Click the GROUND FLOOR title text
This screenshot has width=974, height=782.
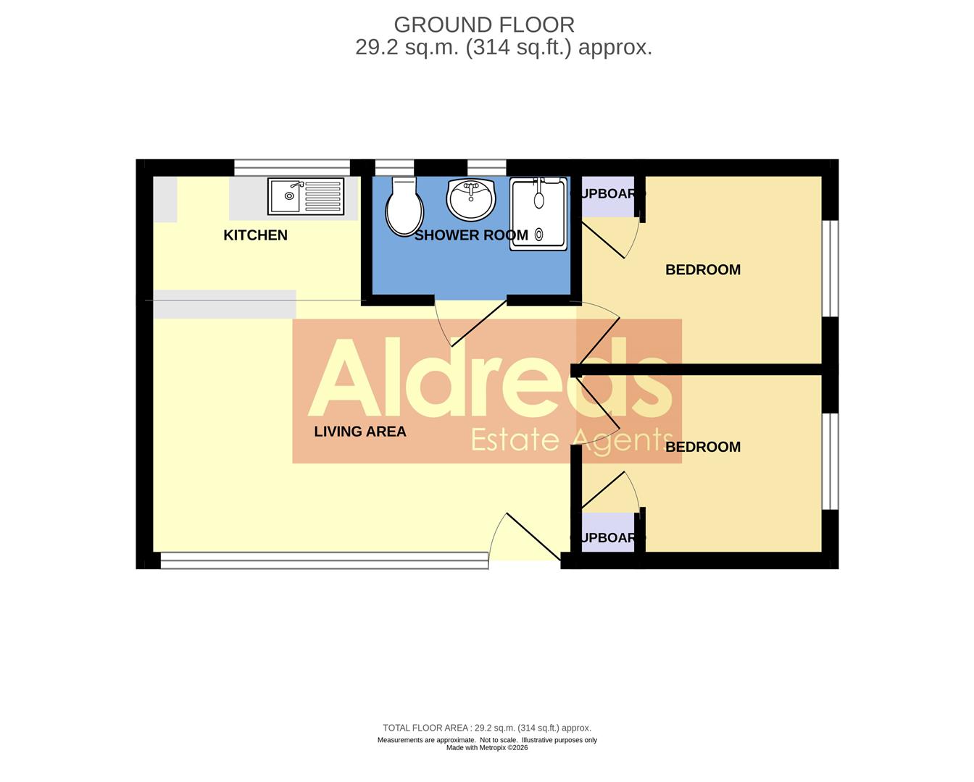[484, 25]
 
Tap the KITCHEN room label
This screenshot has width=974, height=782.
[255, 235]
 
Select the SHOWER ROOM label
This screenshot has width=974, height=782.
[471, 235]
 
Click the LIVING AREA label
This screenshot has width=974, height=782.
[360, 432]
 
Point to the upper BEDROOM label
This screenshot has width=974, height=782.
[703, 270]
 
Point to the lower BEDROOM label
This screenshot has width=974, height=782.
[703, 447]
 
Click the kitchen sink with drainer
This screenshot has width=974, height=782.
[306, 196]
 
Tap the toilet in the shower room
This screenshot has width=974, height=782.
[404, 206]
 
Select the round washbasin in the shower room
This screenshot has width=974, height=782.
[470, 199]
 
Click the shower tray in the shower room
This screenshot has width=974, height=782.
[538, 214]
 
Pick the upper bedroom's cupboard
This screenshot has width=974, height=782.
[608, 196]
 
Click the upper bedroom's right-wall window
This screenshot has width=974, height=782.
[833, 268]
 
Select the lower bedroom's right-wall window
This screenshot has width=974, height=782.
[833, 461]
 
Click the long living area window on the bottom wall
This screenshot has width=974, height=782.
[324, 560]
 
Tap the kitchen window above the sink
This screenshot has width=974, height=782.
[292, 167]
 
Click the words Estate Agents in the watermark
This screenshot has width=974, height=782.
[572, 440]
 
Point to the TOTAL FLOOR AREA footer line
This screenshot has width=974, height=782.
[487, 728]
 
